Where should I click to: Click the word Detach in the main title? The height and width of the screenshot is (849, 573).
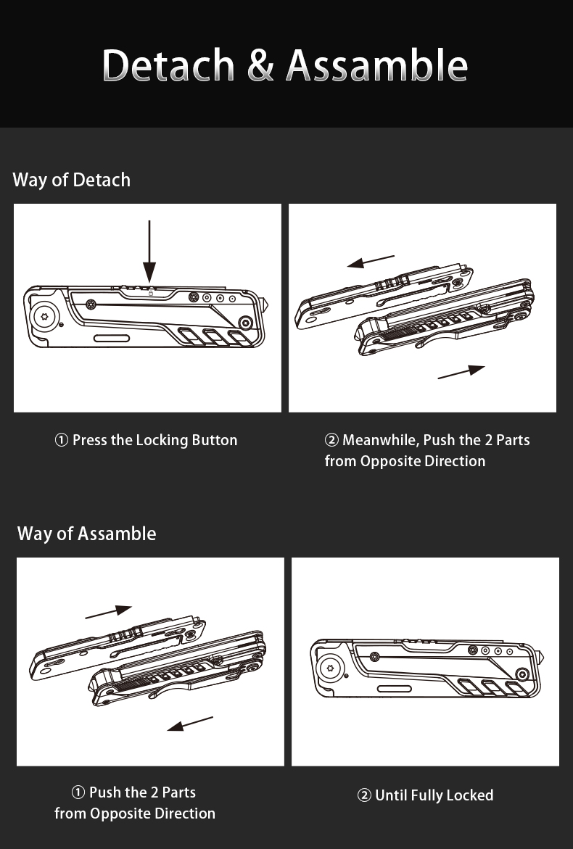(x=169, y=65)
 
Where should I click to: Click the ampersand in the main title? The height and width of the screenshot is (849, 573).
(x=260, y=65)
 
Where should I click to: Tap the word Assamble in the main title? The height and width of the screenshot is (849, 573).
(x=376, y=65)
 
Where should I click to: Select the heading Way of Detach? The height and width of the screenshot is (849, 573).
(x=71, y=180)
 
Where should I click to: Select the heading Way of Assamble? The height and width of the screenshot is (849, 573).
(x=86, y=534)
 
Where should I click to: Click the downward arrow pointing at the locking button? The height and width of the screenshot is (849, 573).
(x=149, y=250)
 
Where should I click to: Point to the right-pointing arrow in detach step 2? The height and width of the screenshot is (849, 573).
(x=461, y=372)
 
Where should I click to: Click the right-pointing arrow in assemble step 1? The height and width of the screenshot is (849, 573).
(x=109, y=613)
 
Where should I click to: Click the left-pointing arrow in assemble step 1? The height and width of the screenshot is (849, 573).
(x=190, y=724)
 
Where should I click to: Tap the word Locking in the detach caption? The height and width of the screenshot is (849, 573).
(x=162, y=440)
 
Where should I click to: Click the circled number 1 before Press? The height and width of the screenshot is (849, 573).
(x=62, y=440)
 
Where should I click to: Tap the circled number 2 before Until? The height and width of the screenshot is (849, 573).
(x=364, y=796)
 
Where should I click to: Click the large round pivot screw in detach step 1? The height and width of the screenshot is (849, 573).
(x=44, y=316)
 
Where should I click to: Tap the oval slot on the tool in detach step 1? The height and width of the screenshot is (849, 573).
(x=112, y=339)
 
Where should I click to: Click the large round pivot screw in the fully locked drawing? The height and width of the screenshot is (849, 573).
(x=330, y=668)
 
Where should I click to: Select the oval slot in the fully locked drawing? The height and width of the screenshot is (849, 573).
(x=395, y=689)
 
